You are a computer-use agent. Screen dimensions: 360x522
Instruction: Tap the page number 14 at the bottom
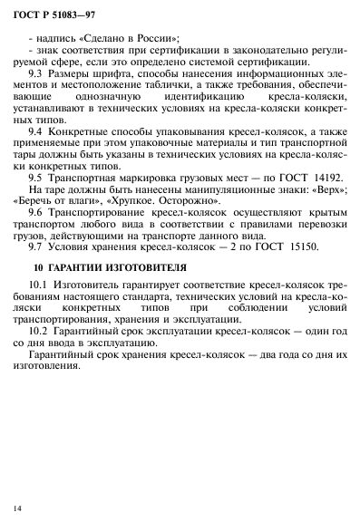point(17,500)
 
